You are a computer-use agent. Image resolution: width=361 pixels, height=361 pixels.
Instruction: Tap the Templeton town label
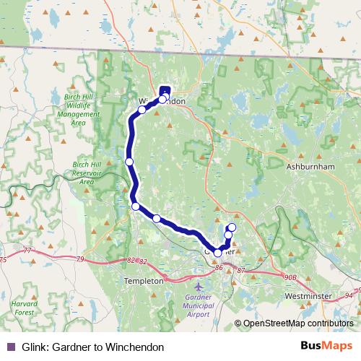coord(144,280)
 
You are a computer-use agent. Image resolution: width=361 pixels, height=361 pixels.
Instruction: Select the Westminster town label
coord(308,296)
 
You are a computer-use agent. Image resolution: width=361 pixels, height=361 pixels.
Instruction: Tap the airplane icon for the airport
coord(199,287)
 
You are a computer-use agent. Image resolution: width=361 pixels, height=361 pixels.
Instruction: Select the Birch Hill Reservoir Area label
coord(87,173)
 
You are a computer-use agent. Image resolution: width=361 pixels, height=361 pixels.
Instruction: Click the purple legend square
coord(10,347)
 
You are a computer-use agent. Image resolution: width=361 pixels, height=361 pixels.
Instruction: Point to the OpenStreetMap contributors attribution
coord(298,323)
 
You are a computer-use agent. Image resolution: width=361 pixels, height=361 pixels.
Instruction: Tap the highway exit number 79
coord(80,258)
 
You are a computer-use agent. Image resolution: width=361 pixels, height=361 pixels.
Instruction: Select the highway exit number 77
coord(28,251)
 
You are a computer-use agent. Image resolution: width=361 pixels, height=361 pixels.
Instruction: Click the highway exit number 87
coord(241,270)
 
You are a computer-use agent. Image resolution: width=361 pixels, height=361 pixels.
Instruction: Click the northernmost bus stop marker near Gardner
coord(232,227)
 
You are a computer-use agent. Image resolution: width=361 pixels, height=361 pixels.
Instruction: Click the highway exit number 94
coord(349,294)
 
